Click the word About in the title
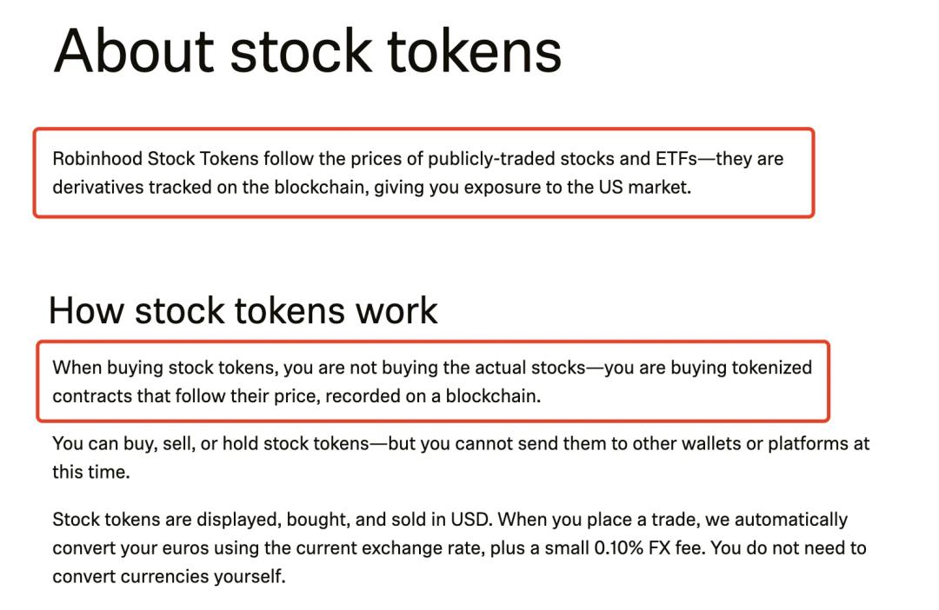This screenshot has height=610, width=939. (134, 51)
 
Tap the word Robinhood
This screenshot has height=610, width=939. (97, 159)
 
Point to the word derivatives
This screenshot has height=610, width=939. (97, 188)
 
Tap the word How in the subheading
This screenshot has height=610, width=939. (85, 311)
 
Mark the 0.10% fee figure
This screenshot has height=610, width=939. (618, 547)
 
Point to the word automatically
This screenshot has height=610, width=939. (791, 520)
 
